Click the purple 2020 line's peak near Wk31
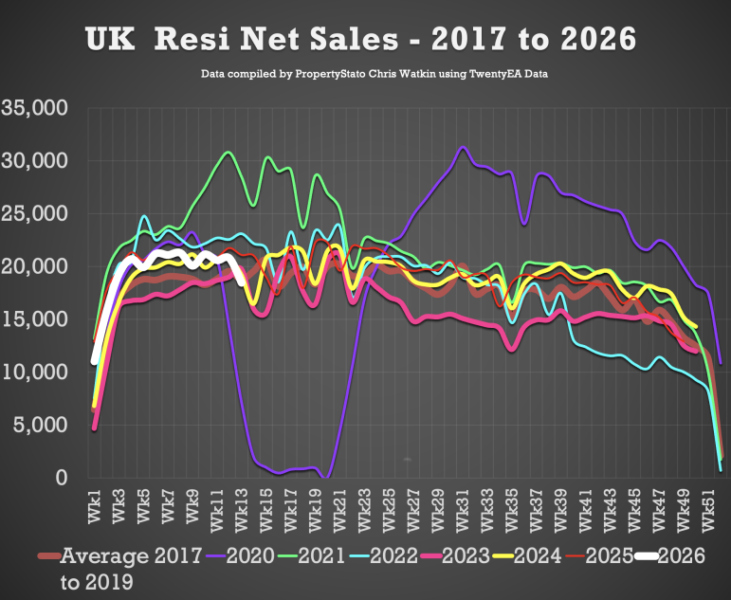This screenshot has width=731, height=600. click(462, 148)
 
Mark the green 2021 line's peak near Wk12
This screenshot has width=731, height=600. click(228, 152)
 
